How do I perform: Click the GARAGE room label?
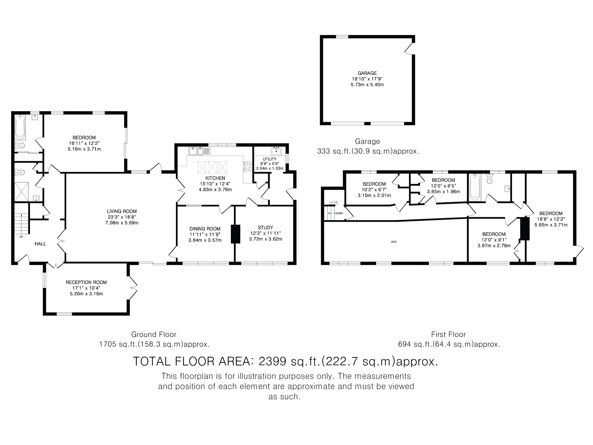coord(367,73)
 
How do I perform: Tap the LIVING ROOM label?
coord(122,211)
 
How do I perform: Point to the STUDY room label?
coord(265,228)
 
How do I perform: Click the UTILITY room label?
coord(270,159)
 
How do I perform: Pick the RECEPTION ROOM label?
coord(86,282)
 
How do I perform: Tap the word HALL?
coord(40,244)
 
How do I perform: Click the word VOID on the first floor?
coord(394,242)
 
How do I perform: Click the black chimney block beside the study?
coord(235,234)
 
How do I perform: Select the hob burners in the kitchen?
coord(248,166)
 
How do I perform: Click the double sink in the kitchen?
coord(197,151)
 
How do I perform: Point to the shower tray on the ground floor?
coord(21,192)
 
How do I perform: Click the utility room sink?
coord(276,151)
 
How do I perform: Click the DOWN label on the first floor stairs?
coord(339,214)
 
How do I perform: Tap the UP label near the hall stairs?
coord(21,237)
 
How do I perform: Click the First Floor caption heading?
coord(448,334)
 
